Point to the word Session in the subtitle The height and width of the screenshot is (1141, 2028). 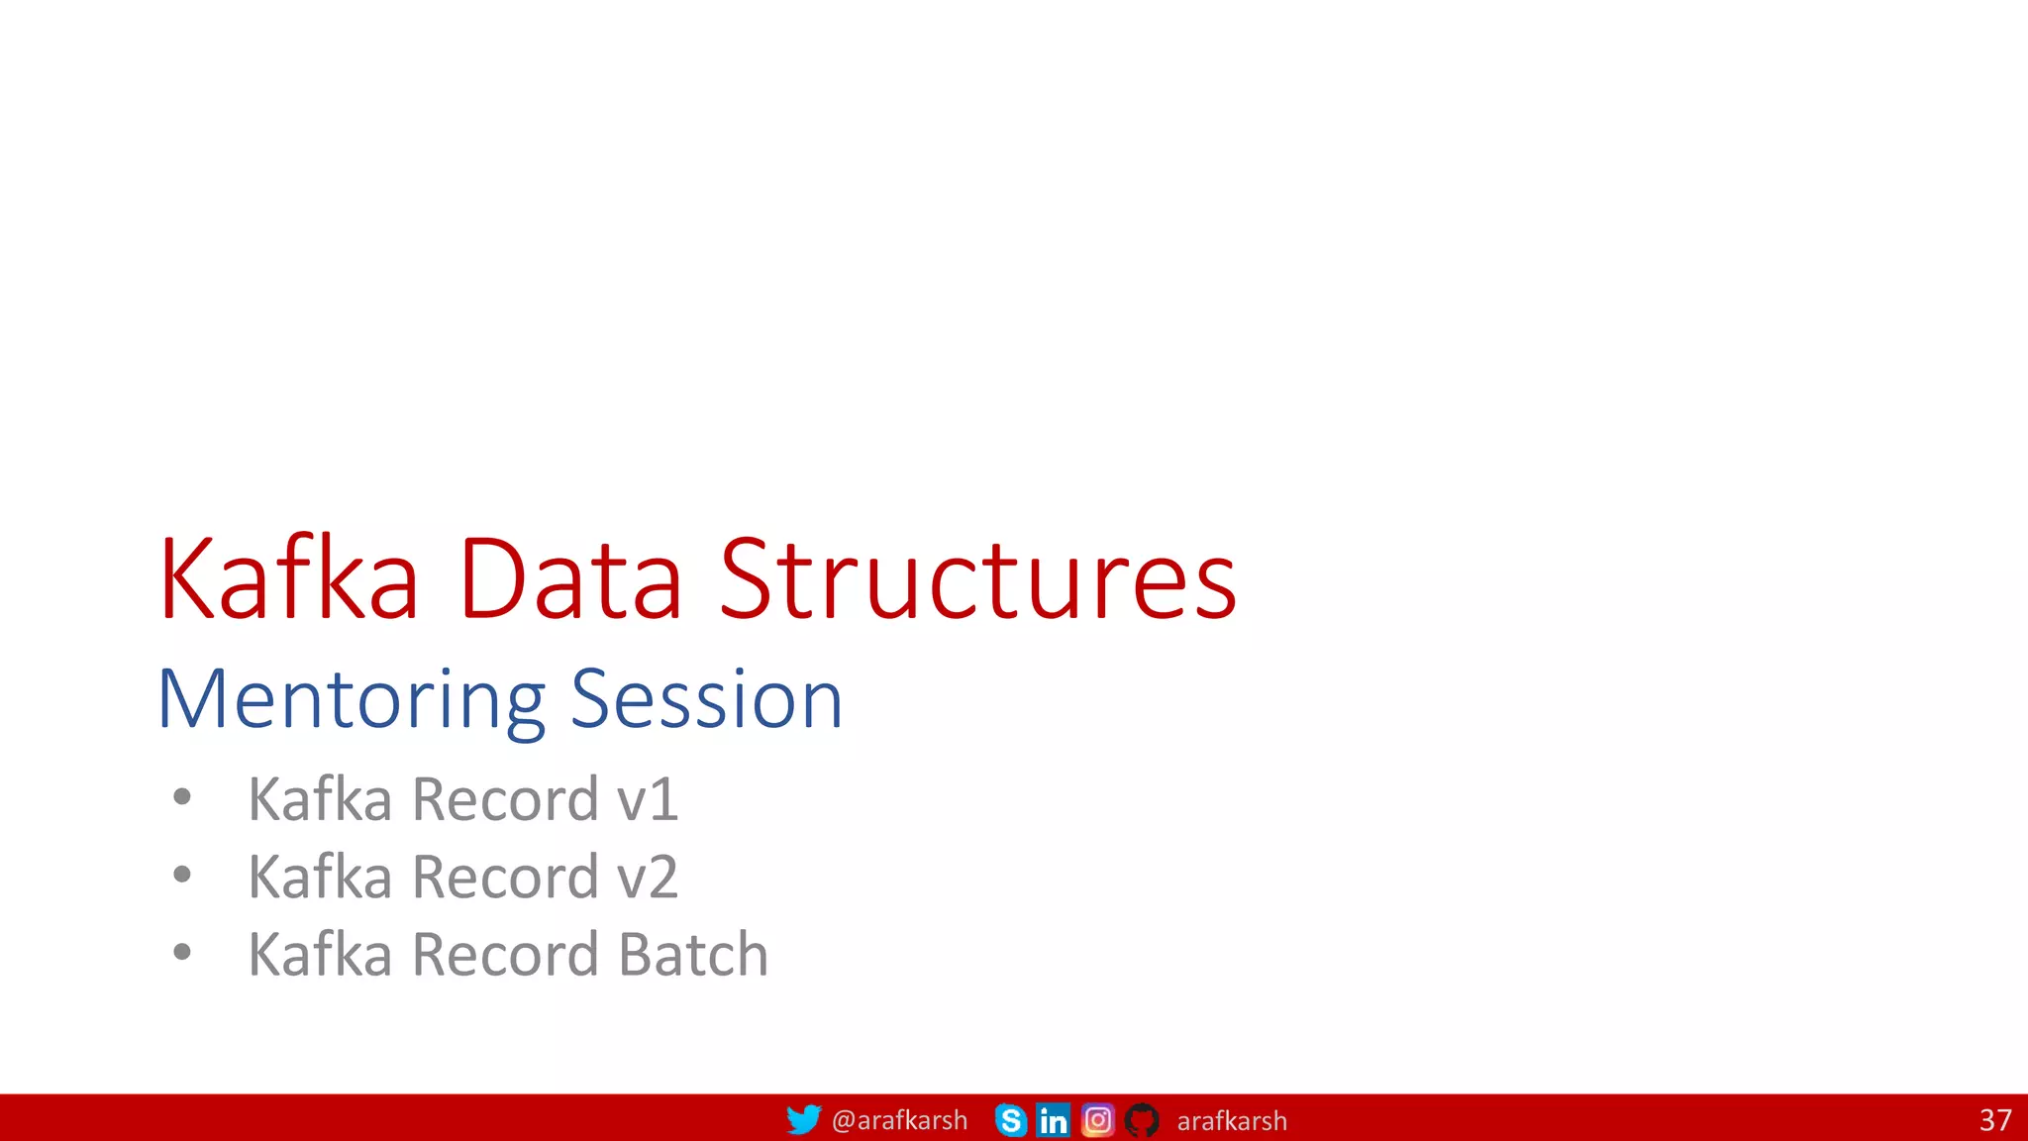pos(706,699)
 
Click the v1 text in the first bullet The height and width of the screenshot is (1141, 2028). pos(648,799)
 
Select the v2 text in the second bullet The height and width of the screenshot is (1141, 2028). pos(648,878)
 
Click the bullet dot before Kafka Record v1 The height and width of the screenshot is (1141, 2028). pos(181,797)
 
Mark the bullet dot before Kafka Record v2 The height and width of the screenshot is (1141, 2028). pos(181,875)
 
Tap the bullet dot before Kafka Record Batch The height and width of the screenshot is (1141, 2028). pos(181,953)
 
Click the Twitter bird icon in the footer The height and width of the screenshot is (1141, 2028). pos(803,1120)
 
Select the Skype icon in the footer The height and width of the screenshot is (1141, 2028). pos(1011,1120)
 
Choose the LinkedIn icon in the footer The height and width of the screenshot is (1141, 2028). pos(1053,1120)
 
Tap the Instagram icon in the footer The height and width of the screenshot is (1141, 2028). pos(1097,1120)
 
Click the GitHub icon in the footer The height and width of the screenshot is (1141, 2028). pos(1142,1120)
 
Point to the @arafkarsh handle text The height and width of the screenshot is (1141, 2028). pos(899,1120)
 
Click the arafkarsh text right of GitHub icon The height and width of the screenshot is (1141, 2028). pos(1232,1121)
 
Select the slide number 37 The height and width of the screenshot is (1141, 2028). pos(1994,1120)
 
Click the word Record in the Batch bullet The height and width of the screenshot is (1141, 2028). pos(505,955)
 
